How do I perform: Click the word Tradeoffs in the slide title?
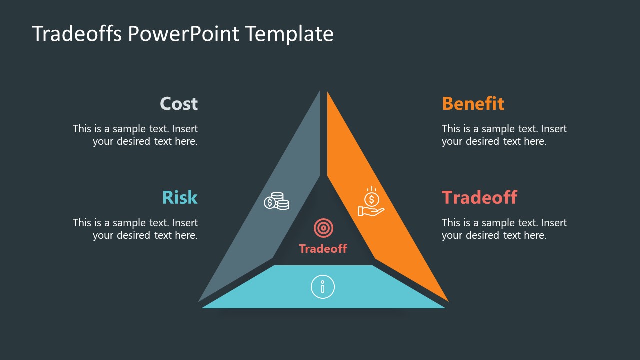point(77,34)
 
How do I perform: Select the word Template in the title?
point(289,34)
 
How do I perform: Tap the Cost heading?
point(179,104)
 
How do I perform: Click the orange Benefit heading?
point(473,104)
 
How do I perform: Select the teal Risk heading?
point(180,197)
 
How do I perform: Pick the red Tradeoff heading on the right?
point(479,197)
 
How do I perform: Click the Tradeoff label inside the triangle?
point(323,248)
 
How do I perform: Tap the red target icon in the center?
point(323,228)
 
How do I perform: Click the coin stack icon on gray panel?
point(276,201)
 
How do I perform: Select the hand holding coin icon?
point(371,202)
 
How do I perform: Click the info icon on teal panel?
point(323,287)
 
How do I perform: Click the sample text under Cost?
point(135,135)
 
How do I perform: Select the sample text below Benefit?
point(504,135)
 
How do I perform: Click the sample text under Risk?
point(135,229)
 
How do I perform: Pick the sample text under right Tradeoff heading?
point(504,229)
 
